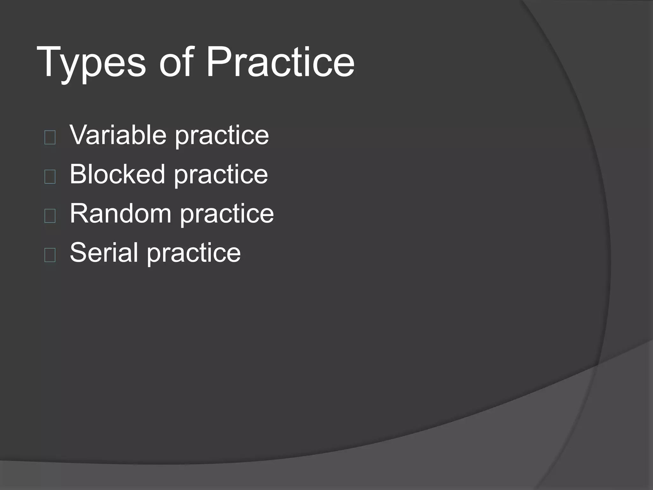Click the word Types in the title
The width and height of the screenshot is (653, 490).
tap(91, 62)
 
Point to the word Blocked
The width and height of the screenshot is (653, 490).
tap(117, 174)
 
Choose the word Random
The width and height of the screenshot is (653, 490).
tap(121, 213)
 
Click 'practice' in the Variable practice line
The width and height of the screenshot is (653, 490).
tap(222, 137)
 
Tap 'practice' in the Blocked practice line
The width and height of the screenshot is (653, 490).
tap(221, 176)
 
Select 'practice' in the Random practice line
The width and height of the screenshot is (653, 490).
tap(227, 215)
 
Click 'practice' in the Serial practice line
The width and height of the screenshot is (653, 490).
tap(194, 254)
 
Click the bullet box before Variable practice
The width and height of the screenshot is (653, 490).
tap(50, 137)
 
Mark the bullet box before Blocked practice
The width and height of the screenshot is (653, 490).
tap(50, 177)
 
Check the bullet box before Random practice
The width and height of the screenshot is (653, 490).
tap(50, 216)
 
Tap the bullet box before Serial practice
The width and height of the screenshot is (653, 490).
tap(50, 255)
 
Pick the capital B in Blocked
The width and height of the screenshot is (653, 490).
tap(78, 174)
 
